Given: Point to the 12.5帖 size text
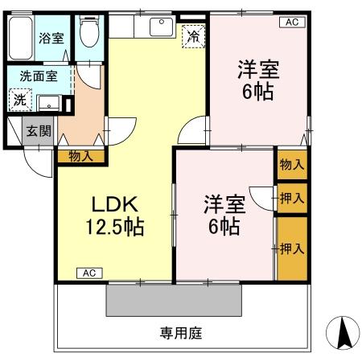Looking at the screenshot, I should (x=115, y=228).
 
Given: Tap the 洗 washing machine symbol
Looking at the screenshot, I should (x=18, y=101).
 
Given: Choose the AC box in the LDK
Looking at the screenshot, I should (x=89, y=273).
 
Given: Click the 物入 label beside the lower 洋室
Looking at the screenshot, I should (x=291, y=165).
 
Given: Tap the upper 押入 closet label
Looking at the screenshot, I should (x=292, y=197).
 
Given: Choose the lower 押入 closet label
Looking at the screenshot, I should (x=291, y=249).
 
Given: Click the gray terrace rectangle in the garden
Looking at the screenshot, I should (x=174, y=301).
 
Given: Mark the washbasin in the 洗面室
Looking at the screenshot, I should (x=50, y=103).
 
